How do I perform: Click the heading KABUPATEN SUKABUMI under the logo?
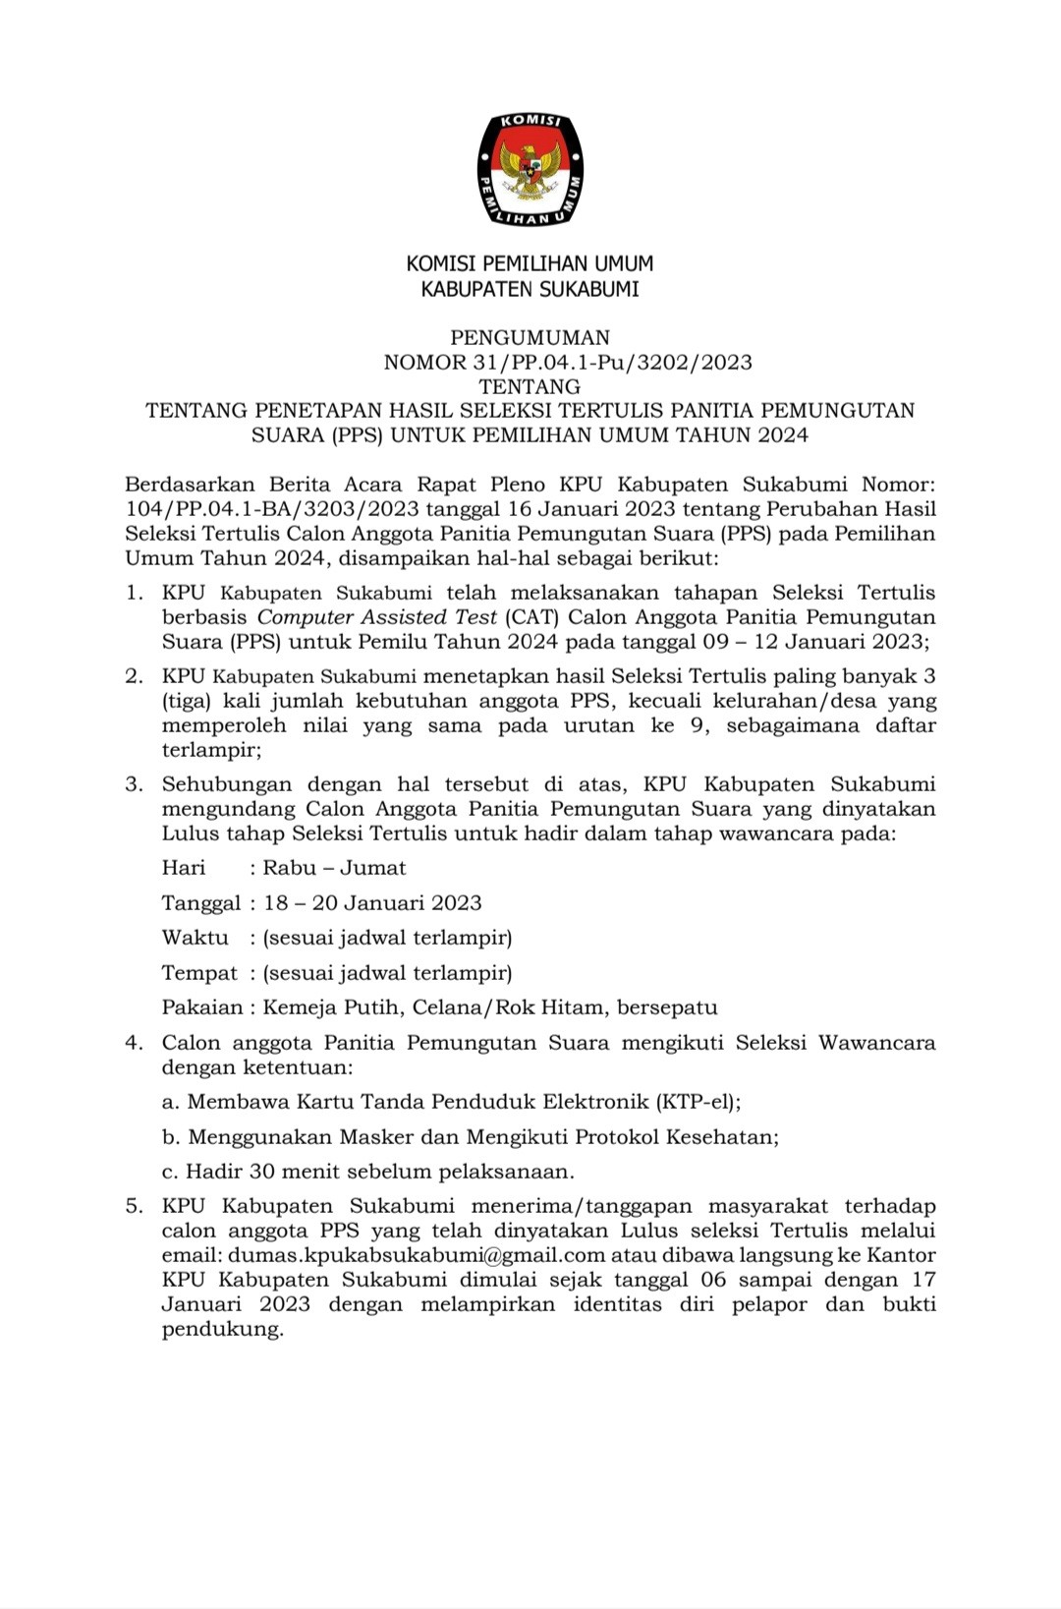click(530, 289)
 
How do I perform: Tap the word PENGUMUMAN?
click(530, 338)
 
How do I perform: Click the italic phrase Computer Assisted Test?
click(376, 617)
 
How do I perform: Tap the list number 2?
click(134, 676)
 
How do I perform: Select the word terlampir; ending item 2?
click(211, 750)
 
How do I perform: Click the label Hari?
click(184, 868)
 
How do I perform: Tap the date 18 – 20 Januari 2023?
click(372, 903)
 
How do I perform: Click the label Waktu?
click(195, 938)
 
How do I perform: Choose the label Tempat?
click(199, 973)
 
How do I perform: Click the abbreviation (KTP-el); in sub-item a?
click(698, 1102)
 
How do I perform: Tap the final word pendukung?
click(222, 1330)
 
